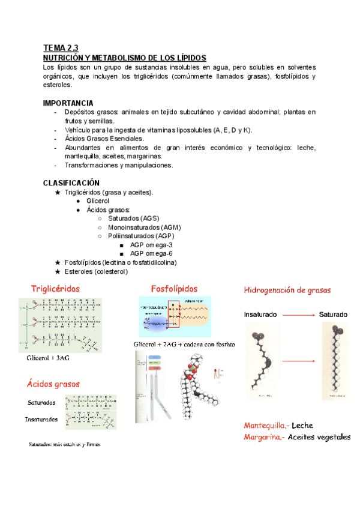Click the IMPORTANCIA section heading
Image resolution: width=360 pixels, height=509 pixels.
point(68,103)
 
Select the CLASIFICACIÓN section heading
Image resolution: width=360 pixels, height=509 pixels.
point(71,182)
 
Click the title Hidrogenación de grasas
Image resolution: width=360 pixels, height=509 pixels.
point(287,291)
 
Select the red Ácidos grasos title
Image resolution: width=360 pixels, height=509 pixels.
point(53,383)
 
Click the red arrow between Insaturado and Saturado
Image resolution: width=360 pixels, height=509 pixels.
point(299,314)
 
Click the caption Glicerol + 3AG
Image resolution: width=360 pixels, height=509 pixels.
point(48,358)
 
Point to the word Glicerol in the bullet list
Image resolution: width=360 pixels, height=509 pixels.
point(98,200)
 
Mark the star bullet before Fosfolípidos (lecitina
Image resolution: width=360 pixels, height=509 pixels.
point(57,262)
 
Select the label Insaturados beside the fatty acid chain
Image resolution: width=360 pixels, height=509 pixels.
point(41,419)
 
